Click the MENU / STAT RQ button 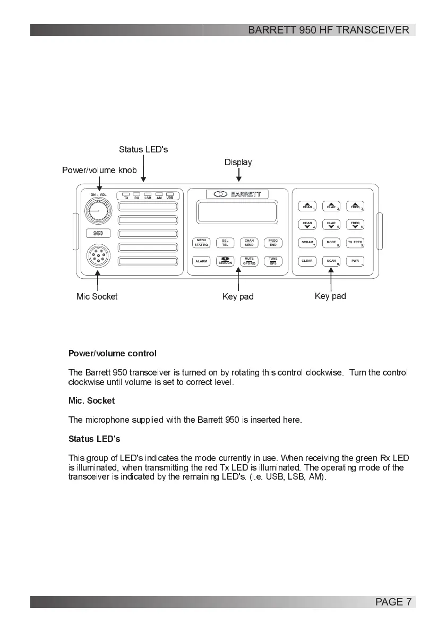tap(201, 243)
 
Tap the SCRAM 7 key tap(308, 243)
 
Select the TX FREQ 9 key tap(355, 243)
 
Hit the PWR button tap(355, 261)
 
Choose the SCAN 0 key tap(331, 261)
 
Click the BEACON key tap(225, 261)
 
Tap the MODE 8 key tap(331, 243)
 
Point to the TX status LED tap(126, 194)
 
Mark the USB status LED tap(170, 194)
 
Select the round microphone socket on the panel tap(97, 258)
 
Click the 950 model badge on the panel tap(98, 233)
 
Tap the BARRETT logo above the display tap(237, 194)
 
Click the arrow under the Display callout tap(238, 175)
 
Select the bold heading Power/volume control tap(113, 353)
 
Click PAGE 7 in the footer tap(393, 602)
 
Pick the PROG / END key tap(273, 243)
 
